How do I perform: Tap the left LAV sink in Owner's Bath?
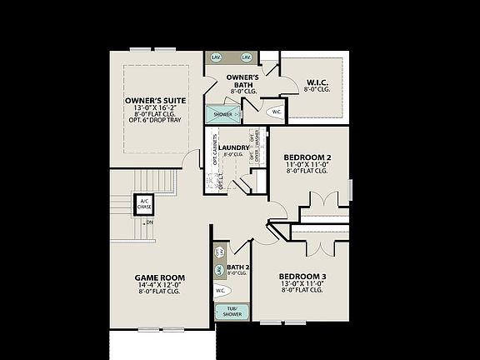coord(217,57)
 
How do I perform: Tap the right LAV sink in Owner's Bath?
coord(246,57)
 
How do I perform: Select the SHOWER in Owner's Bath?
coord(222,114)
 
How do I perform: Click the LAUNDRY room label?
coord(234,147)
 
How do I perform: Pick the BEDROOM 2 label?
coord(307,157)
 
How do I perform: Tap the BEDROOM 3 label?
coord(302,276)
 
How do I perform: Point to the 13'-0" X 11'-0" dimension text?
coord(302,283)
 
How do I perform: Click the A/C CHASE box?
coord(143,204)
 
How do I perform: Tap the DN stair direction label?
coord(149,222)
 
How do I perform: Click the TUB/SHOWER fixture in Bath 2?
coord(226,312)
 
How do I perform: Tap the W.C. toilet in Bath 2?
coord(222,291)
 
